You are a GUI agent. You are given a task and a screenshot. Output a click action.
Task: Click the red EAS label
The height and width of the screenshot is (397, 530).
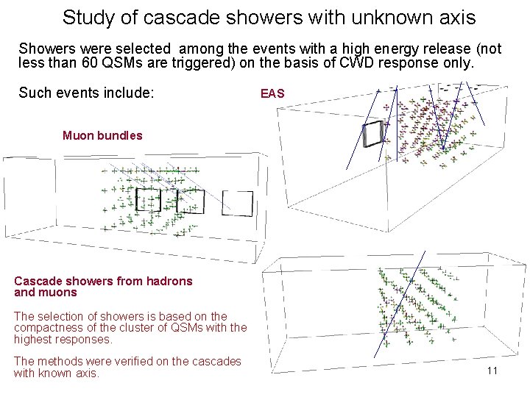[x=272, y=93]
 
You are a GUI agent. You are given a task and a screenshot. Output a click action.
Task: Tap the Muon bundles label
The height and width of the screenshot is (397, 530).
[x=102, y=135]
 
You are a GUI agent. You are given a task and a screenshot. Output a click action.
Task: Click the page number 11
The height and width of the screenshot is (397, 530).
[x=492, y=371]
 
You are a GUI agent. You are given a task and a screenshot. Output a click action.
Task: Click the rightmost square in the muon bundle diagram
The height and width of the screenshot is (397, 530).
[x=237, y=204]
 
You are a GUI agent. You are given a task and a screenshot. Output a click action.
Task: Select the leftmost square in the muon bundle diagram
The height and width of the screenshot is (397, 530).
[x=148, y=199]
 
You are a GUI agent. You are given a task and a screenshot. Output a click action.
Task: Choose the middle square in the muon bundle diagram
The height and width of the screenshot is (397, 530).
[x=191, y=201]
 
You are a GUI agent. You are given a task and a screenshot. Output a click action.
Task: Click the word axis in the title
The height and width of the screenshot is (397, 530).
[x=454, y=17]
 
